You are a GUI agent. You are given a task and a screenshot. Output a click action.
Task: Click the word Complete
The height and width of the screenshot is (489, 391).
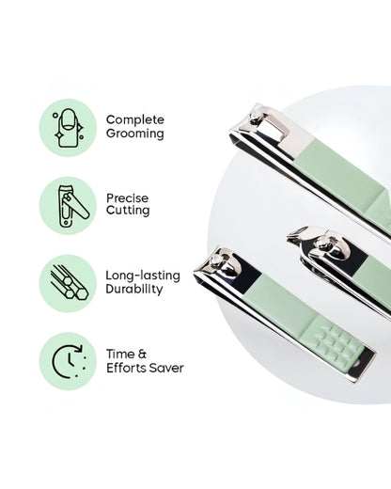click(134, 119)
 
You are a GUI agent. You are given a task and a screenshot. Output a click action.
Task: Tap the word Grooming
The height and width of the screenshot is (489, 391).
click(134, 134)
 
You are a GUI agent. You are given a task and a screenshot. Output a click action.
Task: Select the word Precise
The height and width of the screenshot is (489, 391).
click(128, 197)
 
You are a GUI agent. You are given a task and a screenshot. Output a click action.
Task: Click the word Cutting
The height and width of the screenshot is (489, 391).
click(128, 212)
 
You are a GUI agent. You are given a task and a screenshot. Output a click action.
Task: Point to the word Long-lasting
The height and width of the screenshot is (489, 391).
click(142, 276)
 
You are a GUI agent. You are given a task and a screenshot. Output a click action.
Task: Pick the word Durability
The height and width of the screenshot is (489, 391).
click(134, 290)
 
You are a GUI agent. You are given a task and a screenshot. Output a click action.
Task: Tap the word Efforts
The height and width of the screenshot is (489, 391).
click(125, 368)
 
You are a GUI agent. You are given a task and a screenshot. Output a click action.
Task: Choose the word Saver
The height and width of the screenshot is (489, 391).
click(167, 368)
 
